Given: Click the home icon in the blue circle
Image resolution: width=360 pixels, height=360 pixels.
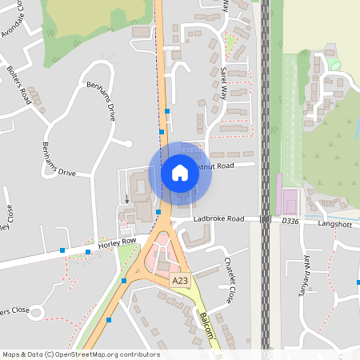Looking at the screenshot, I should [180, 172].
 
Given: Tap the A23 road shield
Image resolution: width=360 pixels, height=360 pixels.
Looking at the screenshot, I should [180, 281].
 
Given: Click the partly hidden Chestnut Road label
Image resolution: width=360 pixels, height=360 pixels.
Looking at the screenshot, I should [232, 166].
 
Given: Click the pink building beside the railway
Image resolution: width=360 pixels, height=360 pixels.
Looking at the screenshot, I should [286, 194].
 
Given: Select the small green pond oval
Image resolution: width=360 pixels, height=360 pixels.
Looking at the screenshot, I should [334, 64].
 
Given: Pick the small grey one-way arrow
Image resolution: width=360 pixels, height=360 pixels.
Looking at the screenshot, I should [126, 197].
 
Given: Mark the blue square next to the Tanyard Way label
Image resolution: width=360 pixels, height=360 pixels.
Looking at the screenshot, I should [358, 282].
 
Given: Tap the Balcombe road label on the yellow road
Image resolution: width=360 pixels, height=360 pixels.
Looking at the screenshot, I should [207, 326].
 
